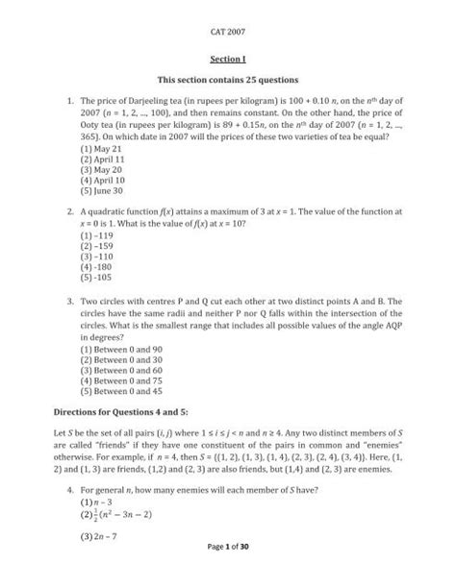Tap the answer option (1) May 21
pos(103,151)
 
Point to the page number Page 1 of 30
pos(228,574)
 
